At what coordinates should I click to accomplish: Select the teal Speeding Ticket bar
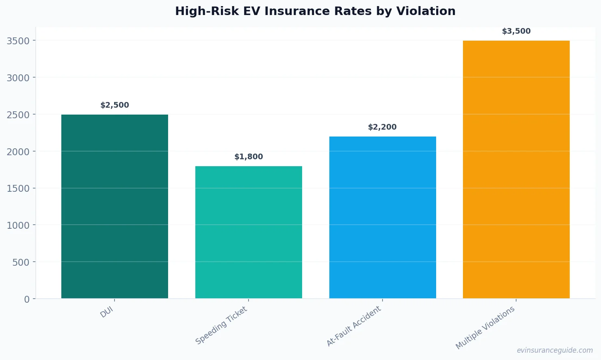pos(249,232)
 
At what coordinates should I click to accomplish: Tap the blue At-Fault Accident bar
pos(382,217)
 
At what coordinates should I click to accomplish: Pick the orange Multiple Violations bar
pos(516,169)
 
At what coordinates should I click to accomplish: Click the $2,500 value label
pos(115,105)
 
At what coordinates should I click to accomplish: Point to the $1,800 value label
pos(249,157)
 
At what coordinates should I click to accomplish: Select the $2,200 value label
pos(382,127)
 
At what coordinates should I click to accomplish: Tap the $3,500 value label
pos(516,31)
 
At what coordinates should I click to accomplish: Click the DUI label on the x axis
pos(107,312)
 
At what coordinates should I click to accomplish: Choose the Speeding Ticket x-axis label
pos(221,325)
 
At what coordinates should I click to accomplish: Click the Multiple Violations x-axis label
pos(485,327)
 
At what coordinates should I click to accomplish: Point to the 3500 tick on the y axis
pos(18,41)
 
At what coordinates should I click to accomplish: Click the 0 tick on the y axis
pos(27,299)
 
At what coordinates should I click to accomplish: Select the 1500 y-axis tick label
pos(18,189)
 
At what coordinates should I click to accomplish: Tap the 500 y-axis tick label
pos(21,262)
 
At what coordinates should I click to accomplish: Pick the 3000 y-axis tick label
pos(18,78)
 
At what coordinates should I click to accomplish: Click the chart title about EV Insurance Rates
pos(315,11)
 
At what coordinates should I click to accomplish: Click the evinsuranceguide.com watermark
pos(555,350)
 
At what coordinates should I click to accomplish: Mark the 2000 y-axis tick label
pos(18,152)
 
